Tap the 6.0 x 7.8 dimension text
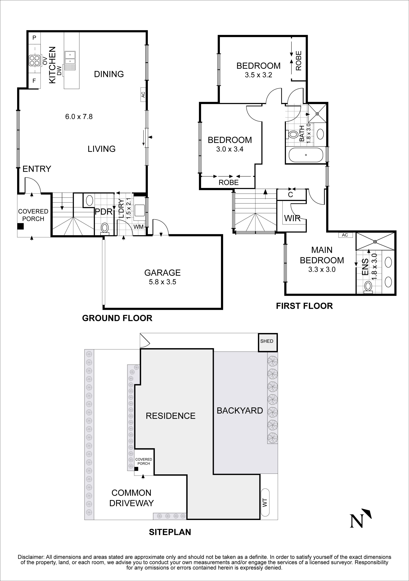coord(79,117)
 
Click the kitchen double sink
coord(70,58)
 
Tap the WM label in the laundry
coord(139,227)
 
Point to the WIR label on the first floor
coord(292,218)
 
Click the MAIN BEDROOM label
coord(322,255)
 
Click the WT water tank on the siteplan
coord(265,502)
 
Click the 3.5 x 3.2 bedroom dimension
coord(258,75)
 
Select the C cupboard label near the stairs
coord(290,195)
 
